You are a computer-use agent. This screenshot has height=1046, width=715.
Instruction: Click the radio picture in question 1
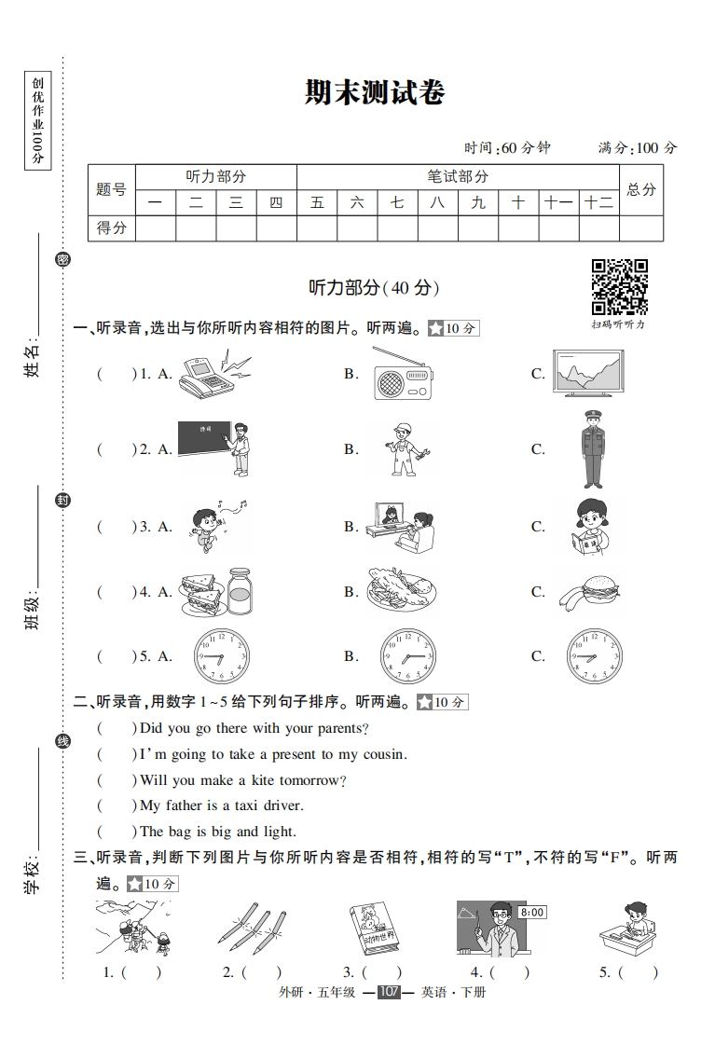(403, 375)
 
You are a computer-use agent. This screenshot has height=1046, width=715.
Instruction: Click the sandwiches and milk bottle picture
(215, 591)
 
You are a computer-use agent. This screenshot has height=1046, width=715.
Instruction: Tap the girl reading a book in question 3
(589, 527)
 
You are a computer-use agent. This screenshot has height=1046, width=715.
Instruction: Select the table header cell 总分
(641, 189)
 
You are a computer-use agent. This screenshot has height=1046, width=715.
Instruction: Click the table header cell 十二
(598, 202)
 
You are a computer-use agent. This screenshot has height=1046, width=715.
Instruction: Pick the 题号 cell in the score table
(111, 189)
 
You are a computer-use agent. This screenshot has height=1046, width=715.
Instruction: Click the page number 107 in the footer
(389, 992)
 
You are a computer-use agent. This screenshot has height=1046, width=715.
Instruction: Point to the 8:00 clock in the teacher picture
(532, 913)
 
